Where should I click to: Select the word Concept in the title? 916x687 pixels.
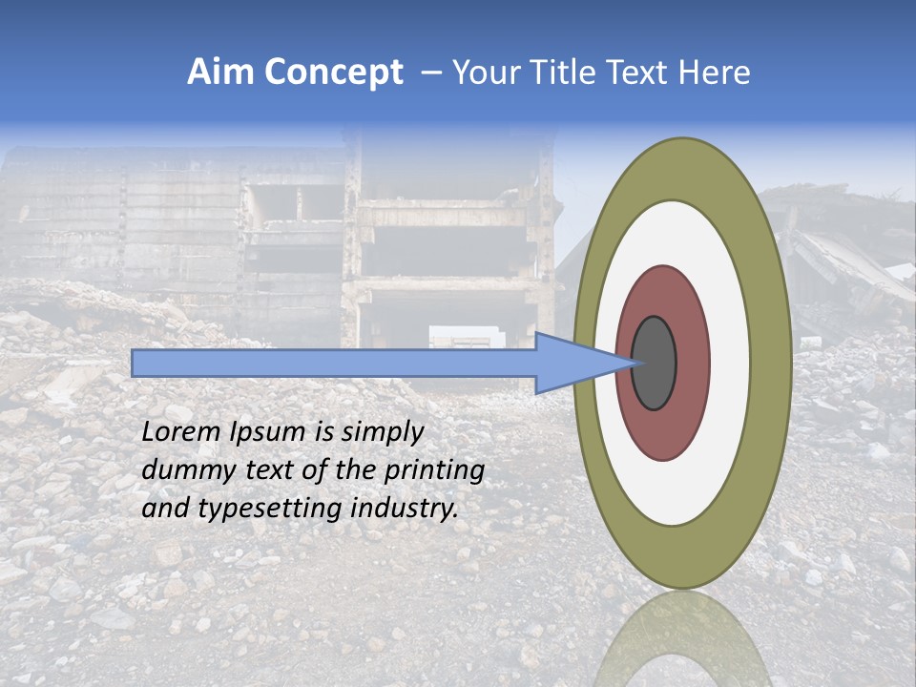[x=334, y=73]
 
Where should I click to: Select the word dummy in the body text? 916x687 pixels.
[x=180, y=470]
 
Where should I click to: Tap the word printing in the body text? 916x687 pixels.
[x=433, y=470]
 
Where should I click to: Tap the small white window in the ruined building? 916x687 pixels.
[x=466, y=337]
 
